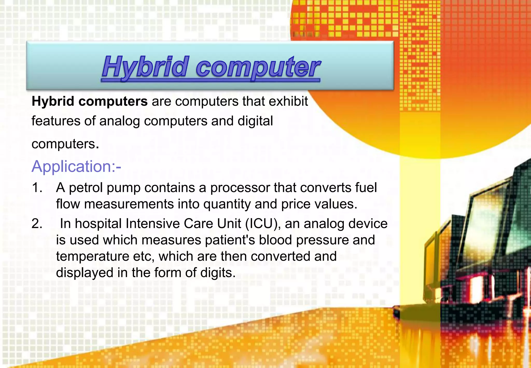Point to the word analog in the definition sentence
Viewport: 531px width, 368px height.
120,121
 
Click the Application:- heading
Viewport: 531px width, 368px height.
76,166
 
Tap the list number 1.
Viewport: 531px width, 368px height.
37,187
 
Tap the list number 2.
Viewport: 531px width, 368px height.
37,223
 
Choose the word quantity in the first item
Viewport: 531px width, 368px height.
227,204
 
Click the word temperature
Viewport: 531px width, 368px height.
93,256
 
